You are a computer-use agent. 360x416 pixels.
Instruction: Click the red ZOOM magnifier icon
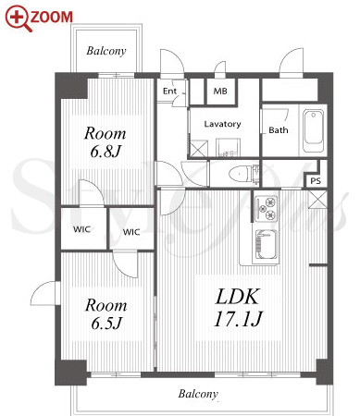pyautogui.click(x=18, y=18)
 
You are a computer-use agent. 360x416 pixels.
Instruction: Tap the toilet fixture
pyautogui.click(x=244, y=174)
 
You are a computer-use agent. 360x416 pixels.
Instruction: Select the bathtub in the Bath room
pyautogui.click(x=313, y=131)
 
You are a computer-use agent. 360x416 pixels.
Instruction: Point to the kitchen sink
pyautogui.click(x=267, y=245)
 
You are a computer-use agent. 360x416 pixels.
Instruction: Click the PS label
pyautogui.click(x=316, y=181)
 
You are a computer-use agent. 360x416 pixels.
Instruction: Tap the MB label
pyautogui.click(x=220, y=91)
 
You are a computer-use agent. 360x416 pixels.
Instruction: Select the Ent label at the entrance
pyautogui.click(x=169, y=91)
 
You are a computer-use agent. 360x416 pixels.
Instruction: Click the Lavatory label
pyautogui.click(x=222, y=124)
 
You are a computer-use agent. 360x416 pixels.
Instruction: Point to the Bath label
pyautogui.click(x=279, y=130)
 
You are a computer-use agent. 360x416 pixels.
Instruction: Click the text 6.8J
pyautogui.click(x=106, y=152)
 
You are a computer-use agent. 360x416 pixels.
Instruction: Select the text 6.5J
pyautogui.click(x=106, y=324)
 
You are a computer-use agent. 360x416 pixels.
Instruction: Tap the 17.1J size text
pyautogui.click(x=238, y=319)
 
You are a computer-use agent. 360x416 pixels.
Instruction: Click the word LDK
pyautogui.click(x=237, y=297)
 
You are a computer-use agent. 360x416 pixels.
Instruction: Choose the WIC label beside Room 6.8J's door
pyautogui.click(x=81, y=229)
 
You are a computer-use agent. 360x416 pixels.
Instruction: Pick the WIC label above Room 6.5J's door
pyautogui.click(x=131, y=232)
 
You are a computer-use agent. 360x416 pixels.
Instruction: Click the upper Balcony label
pyautogui.click(x=106, y=51)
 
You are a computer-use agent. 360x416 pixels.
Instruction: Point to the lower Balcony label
pyautogui.click(x=198, y=394)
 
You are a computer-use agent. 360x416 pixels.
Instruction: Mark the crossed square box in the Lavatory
pyautogui.click(x=199, y=148)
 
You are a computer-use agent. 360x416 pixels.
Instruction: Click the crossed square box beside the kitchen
pyautogui.click(x=317, y=200)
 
